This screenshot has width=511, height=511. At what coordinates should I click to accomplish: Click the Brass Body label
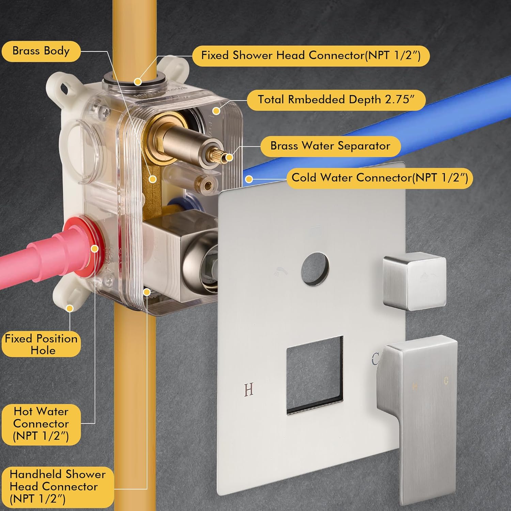pyautogui.click(x=41, y=51)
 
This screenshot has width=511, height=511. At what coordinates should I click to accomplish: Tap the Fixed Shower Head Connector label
pyautogui.click(x=311, y=56)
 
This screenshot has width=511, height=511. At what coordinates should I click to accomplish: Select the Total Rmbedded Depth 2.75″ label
pyautogui.click(x=336, y=100)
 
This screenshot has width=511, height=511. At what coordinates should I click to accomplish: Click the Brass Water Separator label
pyautogui.click(x=330, y=146)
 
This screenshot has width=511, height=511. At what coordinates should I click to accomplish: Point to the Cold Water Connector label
pyautogui.click(x=380, y=178)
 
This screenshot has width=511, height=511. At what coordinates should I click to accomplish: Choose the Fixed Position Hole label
pyautogui.click(x=41, y=344)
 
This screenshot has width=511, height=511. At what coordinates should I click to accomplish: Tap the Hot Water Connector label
pyautogui.click(x=41, y=424)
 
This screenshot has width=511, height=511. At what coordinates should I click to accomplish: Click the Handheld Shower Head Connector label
pyautogui.click(x=57, y=487)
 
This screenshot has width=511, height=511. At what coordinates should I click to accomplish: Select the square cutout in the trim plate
pyautogui.click(x=315, y=375)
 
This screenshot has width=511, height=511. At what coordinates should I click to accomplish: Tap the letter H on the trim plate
pyautogui.click(x=249, y=389)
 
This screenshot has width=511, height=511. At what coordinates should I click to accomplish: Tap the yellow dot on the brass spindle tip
pyautogui.click(x=229, y=158)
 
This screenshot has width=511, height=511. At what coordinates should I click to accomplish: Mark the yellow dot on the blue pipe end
pyautogui.click(x=249, y=179)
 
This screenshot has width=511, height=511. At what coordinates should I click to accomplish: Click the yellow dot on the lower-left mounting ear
pyautogui.click(x=70, y=309)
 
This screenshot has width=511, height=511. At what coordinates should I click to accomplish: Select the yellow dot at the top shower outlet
pyautogui.click(x=138, y=82)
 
